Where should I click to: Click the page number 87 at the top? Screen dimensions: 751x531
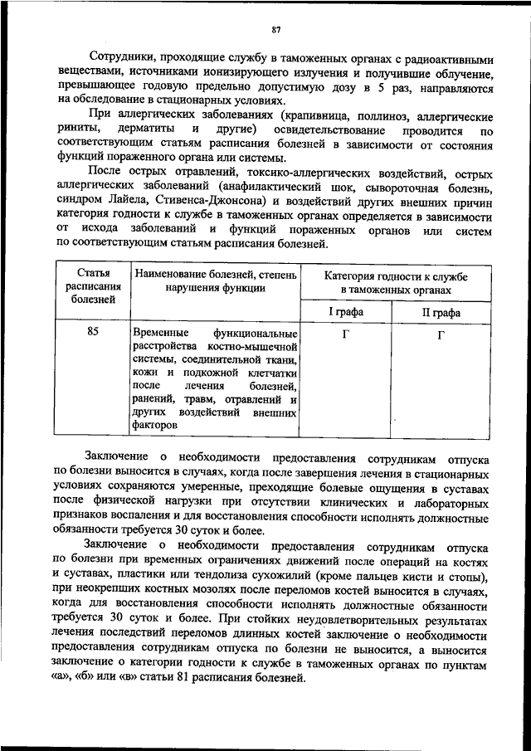tap(276, 31)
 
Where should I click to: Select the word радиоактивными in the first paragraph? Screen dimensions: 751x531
tap(455, 60)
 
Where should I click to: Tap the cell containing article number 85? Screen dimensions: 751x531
tap(92, 332)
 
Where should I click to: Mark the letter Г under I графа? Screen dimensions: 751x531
tap(345, 335)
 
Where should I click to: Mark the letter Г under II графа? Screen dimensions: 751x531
tap(441, 335)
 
